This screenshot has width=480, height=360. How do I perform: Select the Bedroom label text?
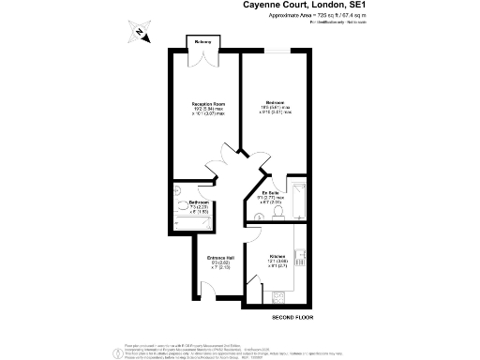tap(275, 102)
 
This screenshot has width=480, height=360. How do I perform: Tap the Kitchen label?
tap(278, 258)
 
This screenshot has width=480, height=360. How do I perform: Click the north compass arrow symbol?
tap(140, 35)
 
